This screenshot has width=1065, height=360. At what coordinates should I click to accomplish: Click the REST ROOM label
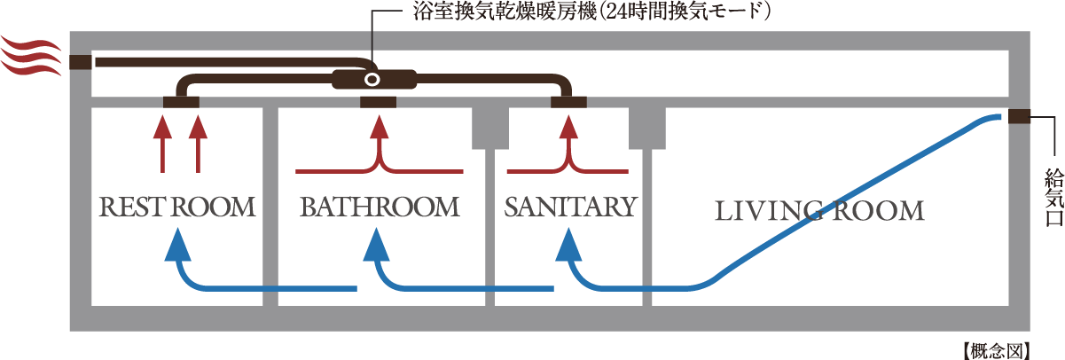point(176,207)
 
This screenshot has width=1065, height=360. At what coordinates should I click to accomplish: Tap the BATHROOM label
point(380,207)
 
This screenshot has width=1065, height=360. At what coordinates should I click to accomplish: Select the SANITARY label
point(570,207)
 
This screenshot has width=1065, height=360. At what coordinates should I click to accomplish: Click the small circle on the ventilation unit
point(372,80)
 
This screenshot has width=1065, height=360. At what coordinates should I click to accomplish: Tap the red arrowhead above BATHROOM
point(380,129)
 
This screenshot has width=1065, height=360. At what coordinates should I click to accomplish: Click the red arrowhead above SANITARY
point(568,129)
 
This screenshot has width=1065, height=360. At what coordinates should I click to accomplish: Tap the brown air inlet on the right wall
point(1018,117)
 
